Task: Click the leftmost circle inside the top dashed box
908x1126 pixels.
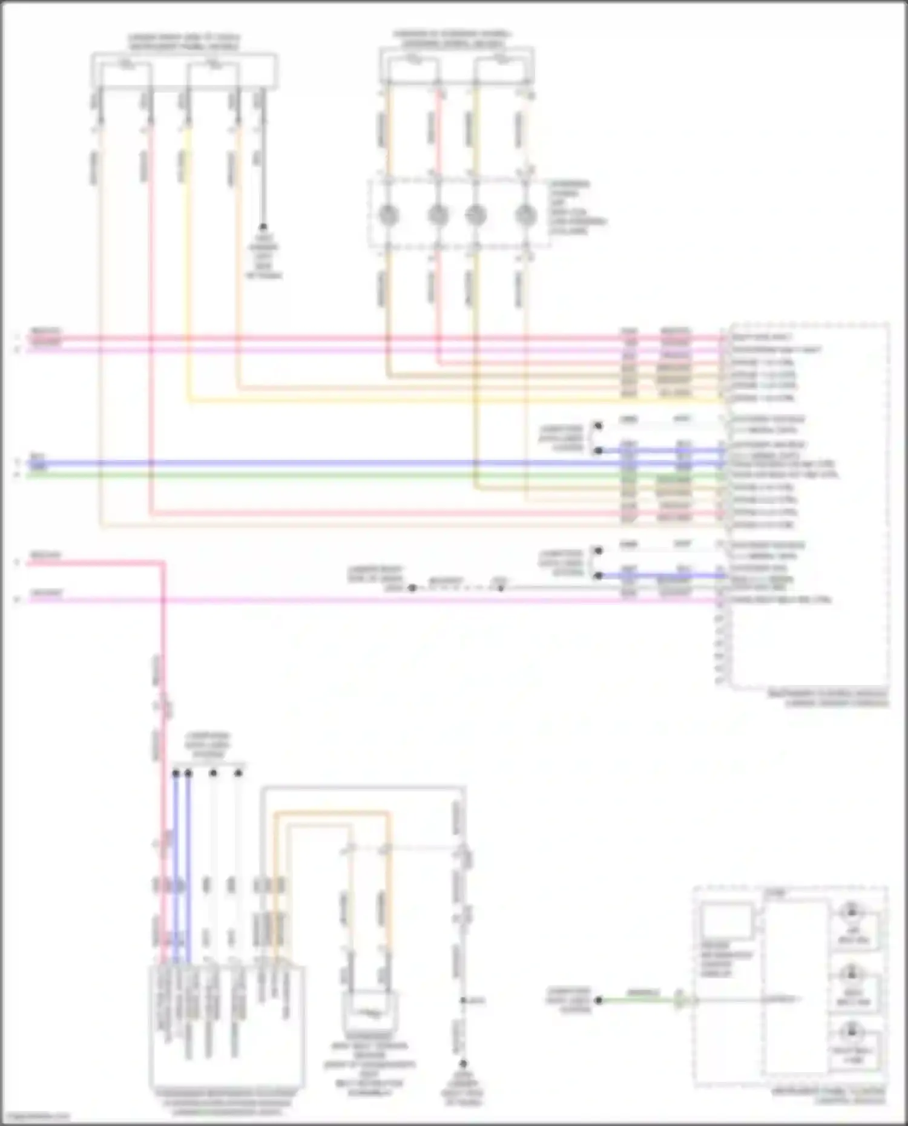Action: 388,215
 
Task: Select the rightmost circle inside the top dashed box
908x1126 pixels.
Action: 525,215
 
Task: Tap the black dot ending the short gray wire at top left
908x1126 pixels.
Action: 263,227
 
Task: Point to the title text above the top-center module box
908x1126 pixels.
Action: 452,39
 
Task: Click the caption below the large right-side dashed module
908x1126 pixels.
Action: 827,698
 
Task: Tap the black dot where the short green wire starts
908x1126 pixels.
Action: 598,1000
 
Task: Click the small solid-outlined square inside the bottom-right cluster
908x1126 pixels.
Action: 727,921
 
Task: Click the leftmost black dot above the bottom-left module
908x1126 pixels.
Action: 176,773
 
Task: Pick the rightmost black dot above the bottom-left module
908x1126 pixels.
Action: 239,773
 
